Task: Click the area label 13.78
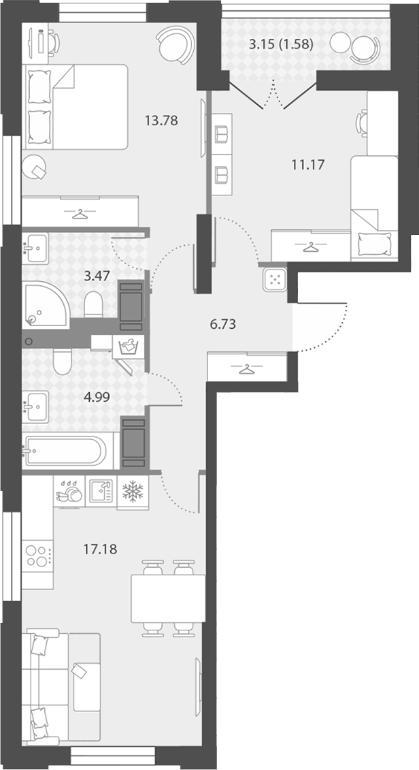[161, 120]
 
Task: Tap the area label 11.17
[307, 165]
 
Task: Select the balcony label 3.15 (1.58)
[281, 45]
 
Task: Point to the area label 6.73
[222, 324]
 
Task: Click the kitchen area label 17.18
[100, 549]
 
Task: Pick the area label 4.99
[98, 398]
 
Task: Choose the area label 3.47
[97, 276]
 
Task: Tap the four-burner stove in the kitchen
[37, 556]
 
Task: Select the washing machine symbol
[129, 348]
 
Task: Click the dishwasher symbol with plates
[69, 491]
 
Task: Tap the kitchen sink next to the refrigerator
[101, 491]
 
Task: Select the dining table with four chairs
[168, 598]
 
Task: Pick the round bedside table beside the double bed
[34, 167]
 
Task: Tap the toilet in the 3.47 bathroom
[93, 304]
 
